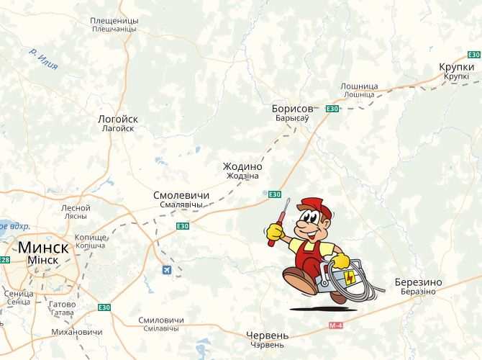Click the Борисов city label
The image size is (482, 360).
pos(293,109)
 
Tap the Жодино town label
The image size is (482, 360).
pos(242,166)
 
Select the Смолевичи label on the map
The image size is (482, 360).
pos(181,195)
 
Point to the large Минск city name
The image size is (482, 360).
pos(43,246)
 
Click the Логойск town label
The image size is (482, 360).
pos(117,119)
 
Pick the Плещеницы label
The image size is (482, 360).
pos(114,21)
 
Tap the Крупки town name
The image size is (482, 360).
pos(457,67)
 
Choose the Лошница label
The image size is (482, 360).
pos(359,86)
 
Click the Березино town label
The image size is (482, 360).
pos(419,282)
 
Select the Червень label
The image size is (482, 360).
pos(267,336)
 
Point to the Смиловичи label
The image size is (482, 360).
pos(160,320)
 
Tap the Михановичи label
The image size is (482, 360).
pos(76,332)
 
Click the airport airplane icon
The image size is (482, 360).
pos(168,270)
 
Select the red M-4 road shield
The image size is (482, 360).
pos(336,326)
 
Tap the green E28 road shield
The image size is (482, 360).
pos(5,260)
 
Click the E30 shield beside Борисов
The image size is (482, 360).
pos(332,109)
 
